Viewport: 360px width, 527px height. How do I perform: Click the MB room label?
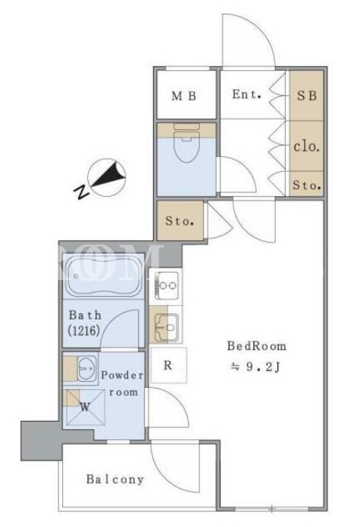coord(183,96)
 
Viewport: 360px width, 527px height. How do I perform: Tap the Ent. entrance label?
coord(246,94)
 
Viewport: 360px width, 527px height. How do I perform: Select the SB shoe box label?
coord(306,95)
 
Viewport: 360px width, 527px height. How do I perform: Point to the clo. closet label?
coord(306,147)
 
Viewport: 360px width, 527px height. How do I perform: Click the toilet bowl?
coord(186,143)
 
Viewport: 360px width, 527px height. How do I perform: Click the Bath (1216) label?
coord(85,323)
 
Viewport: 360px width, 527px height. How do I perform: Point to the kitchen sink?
coord(166,326)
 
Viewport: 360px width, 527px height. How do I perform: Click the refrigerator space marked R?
coord(168,365)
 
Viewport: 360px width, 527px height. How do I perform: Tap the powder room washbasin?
coord(87,369)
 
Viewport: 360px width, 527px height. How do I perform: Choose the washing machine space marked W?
coord(85,407)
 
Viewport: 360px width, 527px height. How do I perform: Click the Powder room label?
coord(123,383)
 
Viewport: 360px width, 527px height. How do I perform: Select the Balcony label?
coord(115,479)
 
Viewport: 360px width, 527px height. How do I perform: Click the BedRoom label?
coord(257,346)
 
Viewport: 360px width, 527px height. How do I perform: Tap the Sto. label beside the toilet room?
coord(180,221)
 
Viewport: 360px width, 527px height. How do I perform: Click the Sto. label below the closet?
coord(306,185)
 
